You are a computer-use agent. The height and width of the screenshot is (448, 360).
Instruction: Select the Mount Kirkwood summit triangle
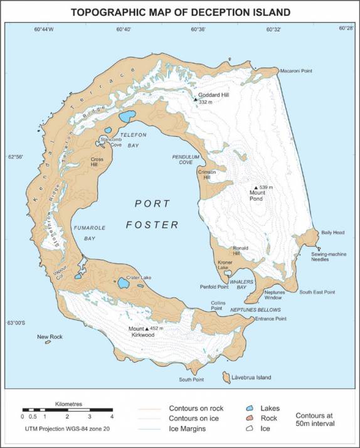[x=147, y=328]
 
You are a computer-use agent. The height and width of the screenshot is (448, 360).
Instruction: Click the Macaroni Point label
[x=297, y=71]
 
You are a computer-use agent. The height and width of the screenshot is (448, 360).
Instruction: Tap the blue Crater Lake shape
[x=124, y=284]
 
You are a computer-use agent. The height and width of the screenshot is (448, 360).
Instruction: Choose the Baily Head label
[x=334, y=233]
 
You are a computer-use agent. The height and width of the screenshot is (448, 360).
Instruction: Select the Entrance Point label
[x=271, y=319]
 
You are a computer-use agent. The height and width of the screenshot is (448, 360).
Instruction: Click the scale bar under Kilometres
[x=67, y=409]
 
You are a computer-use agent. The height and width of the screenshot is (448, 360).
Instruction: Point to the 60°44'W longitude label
[x=44, y=29]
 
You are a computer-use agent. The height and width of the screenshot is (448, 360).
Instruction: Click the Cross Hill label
[x=97, y=161]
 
